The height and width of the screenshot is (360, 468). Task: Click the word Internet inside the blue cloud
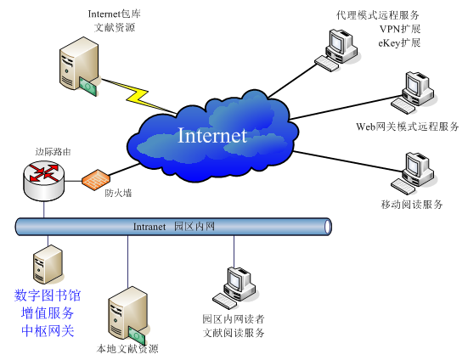[x=212, y=135]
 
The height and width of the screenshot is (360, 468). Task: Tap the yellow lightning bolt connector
[x=138, y=96]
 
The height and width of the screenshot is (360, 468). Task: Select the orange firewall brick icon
[x=96, y=179]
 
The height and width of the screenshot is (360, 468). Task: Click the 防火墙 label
[x=118, y=194]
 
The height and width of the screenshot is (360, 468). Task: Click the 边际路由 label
[x=54, y=152]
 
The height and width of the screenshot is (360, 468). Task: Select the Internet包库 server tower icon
[x=79, y=66]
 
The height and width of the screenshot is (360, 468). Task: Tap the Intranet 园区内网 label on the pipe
[x=174, y=227]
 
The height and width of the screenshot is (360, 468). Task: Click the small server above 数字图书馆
[x=48, y=264]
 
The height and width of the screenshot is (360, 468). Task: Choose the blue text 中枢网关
[x=48, y=331]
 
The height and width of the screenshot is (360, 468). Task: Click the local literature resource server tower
[x=127, y=316]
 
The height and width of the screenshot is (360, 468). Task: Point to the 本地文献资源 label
[x=127, y=349]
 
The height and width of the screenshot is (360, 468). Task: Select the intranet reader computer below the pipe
[x=234, y=288]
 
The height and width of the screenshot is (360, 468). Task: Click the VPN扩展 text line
[x=400, y=29]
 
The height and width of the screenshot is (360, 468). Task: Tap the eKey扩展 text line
[x=399, y=43]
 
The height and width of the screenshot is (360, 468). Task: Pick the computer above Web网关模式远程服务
[x=413, y=93]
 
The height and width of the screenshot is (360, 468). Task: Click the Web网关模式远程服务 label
[x=407, y=127]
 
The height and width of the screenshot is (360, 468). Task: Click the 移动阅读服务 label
[x=412, y=205]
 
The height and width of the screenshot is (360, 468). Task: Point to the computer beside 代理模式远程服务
[x=336, y=50]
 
